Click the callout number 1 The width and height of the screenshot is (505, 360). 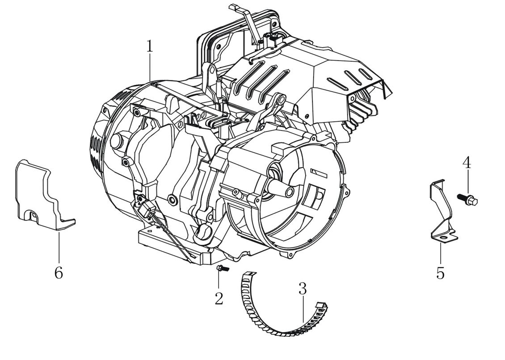point(149,46)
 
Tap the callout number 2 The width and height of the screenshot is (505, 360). point(219,298)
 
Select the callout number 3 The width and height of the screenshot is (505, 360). point(303,289)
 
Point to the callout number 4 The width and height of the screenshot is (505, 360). point(467,163)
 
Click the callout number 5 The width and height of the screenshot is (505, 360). point(441,272)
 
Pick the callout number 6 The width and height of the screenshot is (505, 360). point(59,272)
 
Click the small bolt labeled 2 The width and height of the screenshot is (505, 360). point(221,268)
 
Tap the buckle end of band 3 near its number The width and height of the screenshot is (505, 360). point(320,306)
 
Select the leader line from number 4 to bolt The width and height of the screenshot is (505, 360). point(467,182)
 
